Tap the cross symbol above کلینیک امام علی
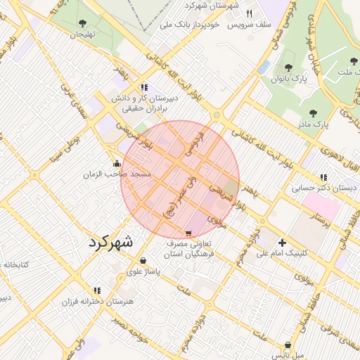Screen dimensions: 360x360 pos(282,243)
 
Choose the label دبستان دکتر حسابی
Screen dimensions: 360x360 pos(317,188)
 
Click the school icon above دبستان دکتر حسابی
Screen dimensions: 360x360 pos(323,178)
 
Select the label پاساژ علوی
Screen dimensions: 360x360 pos(144,271)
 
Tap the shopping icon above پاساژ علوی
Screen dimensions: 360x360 pos(143,261)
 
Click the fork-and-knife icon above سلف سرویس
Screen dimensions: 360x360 pos(249,13)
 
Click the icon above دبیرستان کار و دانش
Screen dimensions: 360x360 pos(144,88)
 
